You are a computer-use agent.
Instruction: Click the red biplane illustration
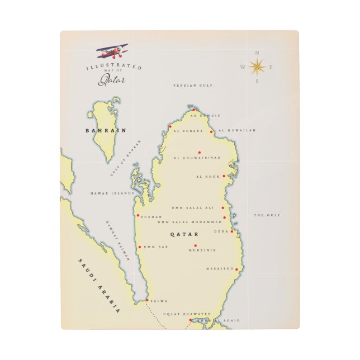coord(113,52)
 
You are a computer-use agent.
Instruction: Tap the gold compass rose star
coord(257,67)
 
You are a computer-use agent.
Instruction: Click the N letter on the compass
coord(257,53)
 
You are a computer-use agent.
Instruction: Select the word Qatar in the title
coord(112,80)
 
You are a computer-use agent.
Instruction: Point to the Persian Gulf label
coord(193,86)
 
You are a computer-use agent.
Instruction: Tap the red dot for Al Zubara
coord(170,126)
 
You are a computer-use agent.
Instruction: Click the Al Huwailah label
coord(237,130)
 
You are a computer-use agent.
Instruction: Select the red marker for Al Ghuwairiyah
coord(199,152)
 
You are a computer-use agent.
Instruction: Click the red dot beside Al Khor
coord(224,176)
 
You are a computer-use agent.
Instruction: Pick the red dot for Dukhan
coord(138,215)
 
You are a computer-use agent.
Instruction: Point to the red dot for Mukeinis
coord(196,245)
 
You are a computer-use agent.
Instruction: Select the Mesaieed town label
coord(220,268)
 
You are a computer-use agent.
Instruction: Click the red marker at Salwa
coord(147,300)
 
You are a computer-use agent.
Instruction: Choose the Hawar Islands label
coord(112,193)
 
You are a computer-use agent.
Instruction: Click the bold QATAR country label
coord(184,234)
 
